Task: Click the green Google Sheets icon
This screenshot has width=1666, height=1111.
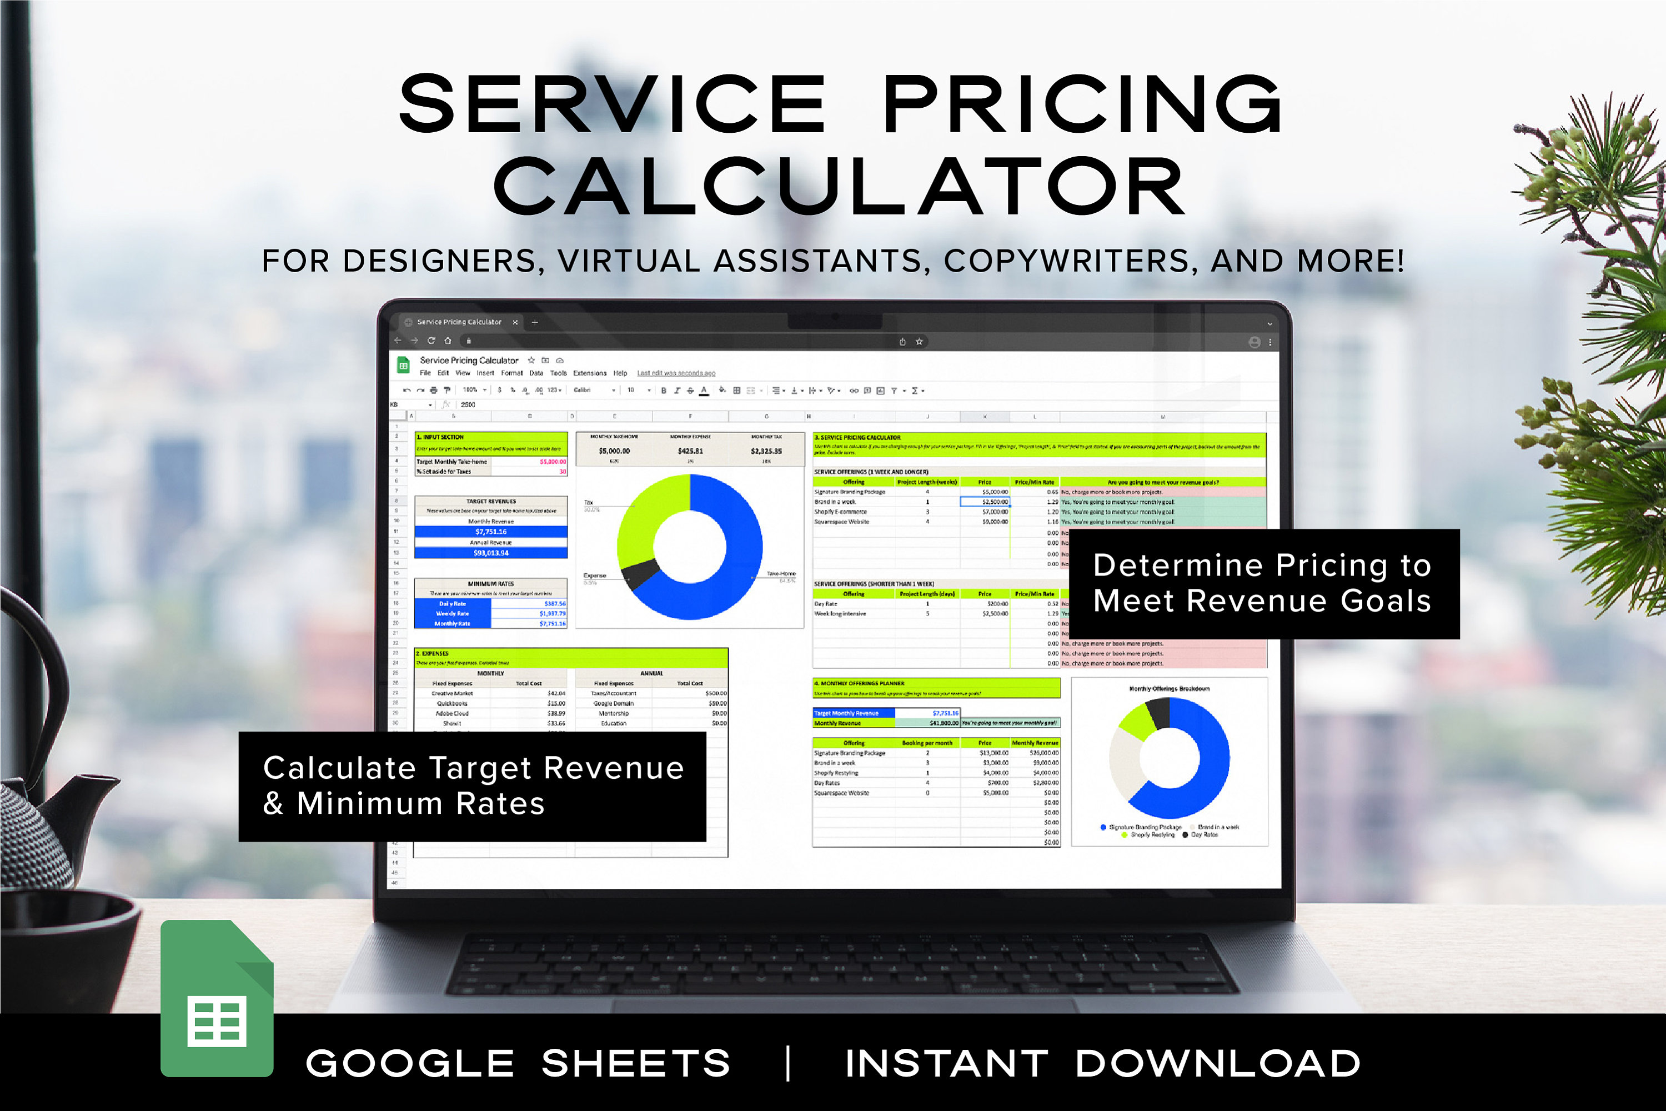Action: pyautogui.click(x=217, y=999)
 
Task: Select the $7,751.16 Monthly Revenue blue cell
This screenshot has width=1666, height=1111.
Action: pyautogui.click(x=491, y=532)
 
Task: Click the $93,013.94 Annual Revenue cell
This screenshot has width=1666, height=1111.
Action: pyautogui.click(x=491, y=553)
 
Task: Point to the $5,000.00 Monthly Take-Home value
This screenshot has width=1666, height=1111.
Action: pyautogui.click(x=614, y=451)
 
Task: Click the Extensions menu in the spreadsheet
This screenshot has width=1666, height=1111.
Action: pyautogui.click(x=589, y=373)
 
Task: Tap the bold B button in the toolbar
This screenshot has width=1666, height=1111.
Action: pyautogui.click(x=664, y=391)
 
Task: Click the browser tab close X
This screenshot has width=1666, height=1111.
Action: pyautogui.click(x=515, y=322)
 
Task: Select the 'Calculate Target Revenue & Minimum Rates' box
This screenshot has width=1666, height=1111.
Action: pyautogui.click(x=473, y=787)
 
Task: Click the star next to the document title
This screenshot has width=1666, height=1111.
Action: pyautogui.click(x=531, y=360)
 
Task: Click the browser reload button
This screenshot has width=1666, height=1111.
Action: pyautogui.click(x=431, y=341)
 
